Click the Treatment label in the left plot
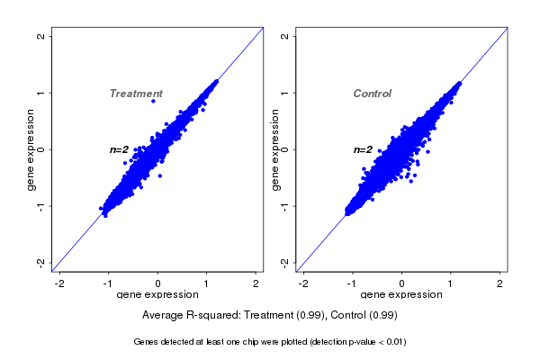pos(136,94)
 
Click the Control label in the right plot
pos(372,94)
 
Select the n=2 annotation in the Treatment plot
pos(120,149)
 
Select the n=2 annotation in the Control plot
pos(363,149)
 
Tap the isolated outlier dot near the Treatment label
pos(153,102)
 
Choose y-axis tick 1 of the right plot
pos(284,93)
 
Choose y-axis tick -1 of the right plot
pos(284,206)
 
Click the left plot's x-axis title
pos(157,295)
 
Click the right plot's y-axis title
pos(274,149)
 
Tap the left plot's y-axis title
pos(31,149)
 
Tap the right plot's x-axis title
pos(400,295)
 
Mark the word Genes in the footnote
pos(147,342)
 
